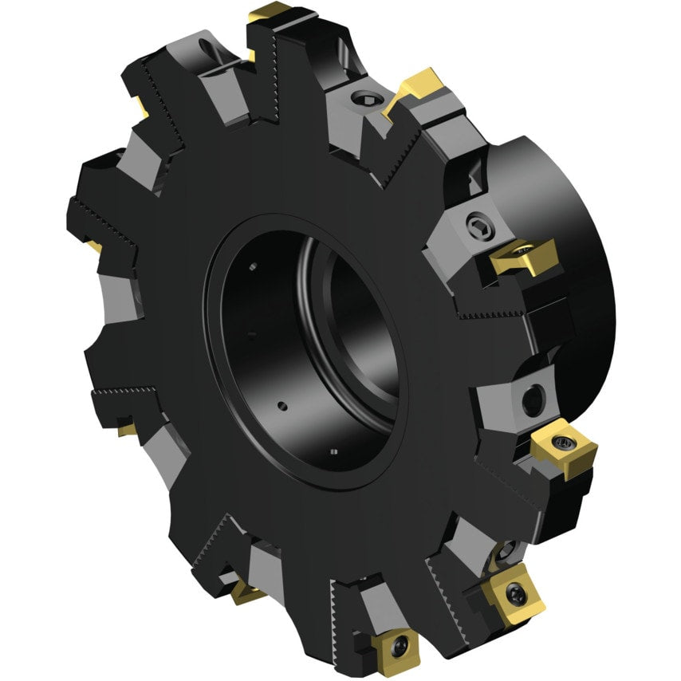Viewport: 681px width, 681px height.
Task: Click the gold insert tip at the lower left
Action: pos(127,430)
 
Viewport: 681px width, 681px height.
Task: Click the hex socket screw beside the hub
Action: pos(477,224)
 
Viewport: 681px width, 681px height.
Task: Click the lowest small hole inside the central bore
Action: pos(333,453)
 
